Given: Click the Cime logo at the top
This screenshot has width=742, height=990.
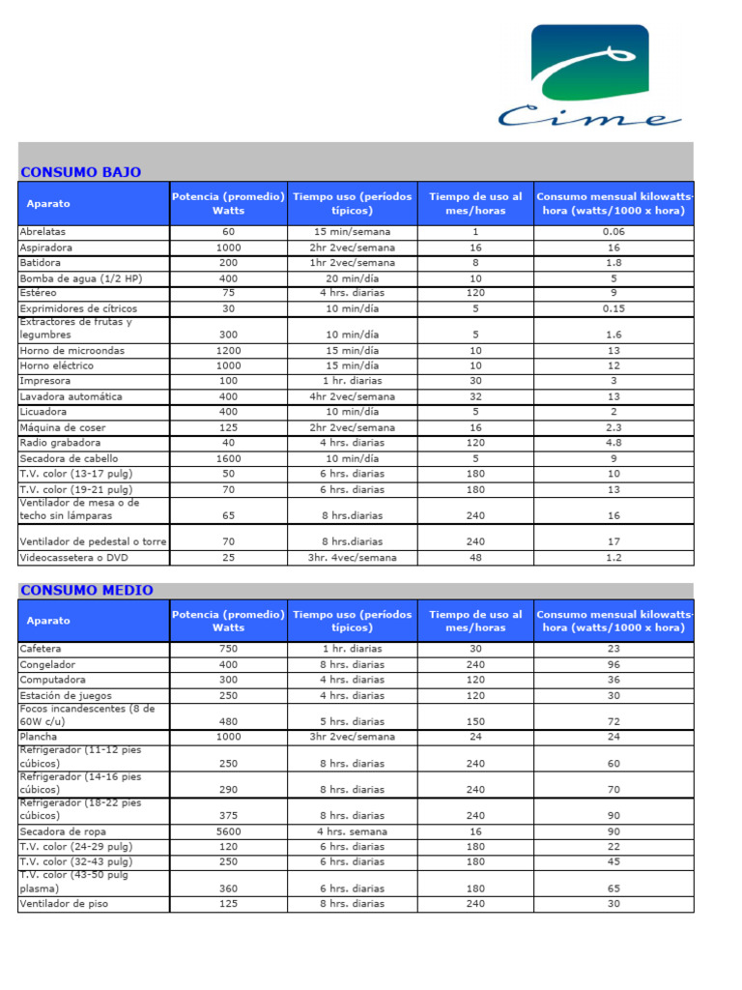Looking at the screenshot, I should [x=589, y=77].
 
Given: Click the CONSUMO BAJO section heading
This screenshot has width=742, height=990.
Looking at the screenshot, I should [x=80, y=172].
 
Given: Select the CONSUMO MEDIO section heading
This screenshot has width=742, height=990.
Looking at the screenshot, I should [x=86, y=590].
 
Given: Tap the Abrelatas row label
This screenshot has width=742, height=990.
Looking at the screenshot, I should [x=43, y=232].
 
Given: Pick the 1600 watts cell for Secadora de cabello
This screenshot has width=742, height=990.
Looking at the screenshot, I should [x=228, y=458].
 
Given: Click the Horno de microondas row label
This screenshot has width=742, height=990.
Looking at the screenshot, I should [x=72, y=350].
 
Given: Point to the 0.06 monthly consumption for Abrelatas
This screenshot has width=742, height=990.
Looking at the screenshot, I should [x=614, y=232].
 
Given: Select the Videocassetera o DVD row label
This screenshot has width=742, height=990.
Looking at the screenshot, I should [x=78, y=558].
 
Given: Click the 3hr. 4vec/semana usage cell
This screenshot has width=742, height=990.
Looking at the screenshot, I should [x=352, y=558].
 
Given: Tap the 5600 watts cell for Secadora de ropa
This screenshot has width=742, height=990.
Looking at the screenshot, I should [x=228, y=831].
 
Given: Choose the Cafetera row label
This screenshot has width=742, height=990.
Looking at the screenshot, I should [x=41, y=649].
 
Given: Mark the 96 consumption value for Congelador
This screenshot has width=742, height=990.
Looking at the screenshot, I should [x=614, y=664].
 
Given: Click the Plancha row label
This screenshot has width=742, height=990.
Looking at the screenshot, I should [x=39, y=737].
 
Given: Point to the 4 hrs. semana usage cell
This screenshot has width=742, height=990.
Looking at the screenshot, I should [x=352, y=831].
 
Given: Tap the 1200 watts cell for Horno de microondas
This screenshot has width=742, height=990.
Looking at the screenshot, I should [x=228, y=350].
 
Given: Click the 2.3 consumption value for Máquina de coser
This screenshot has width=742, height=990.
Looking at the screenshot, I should [x=614, y=427].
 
